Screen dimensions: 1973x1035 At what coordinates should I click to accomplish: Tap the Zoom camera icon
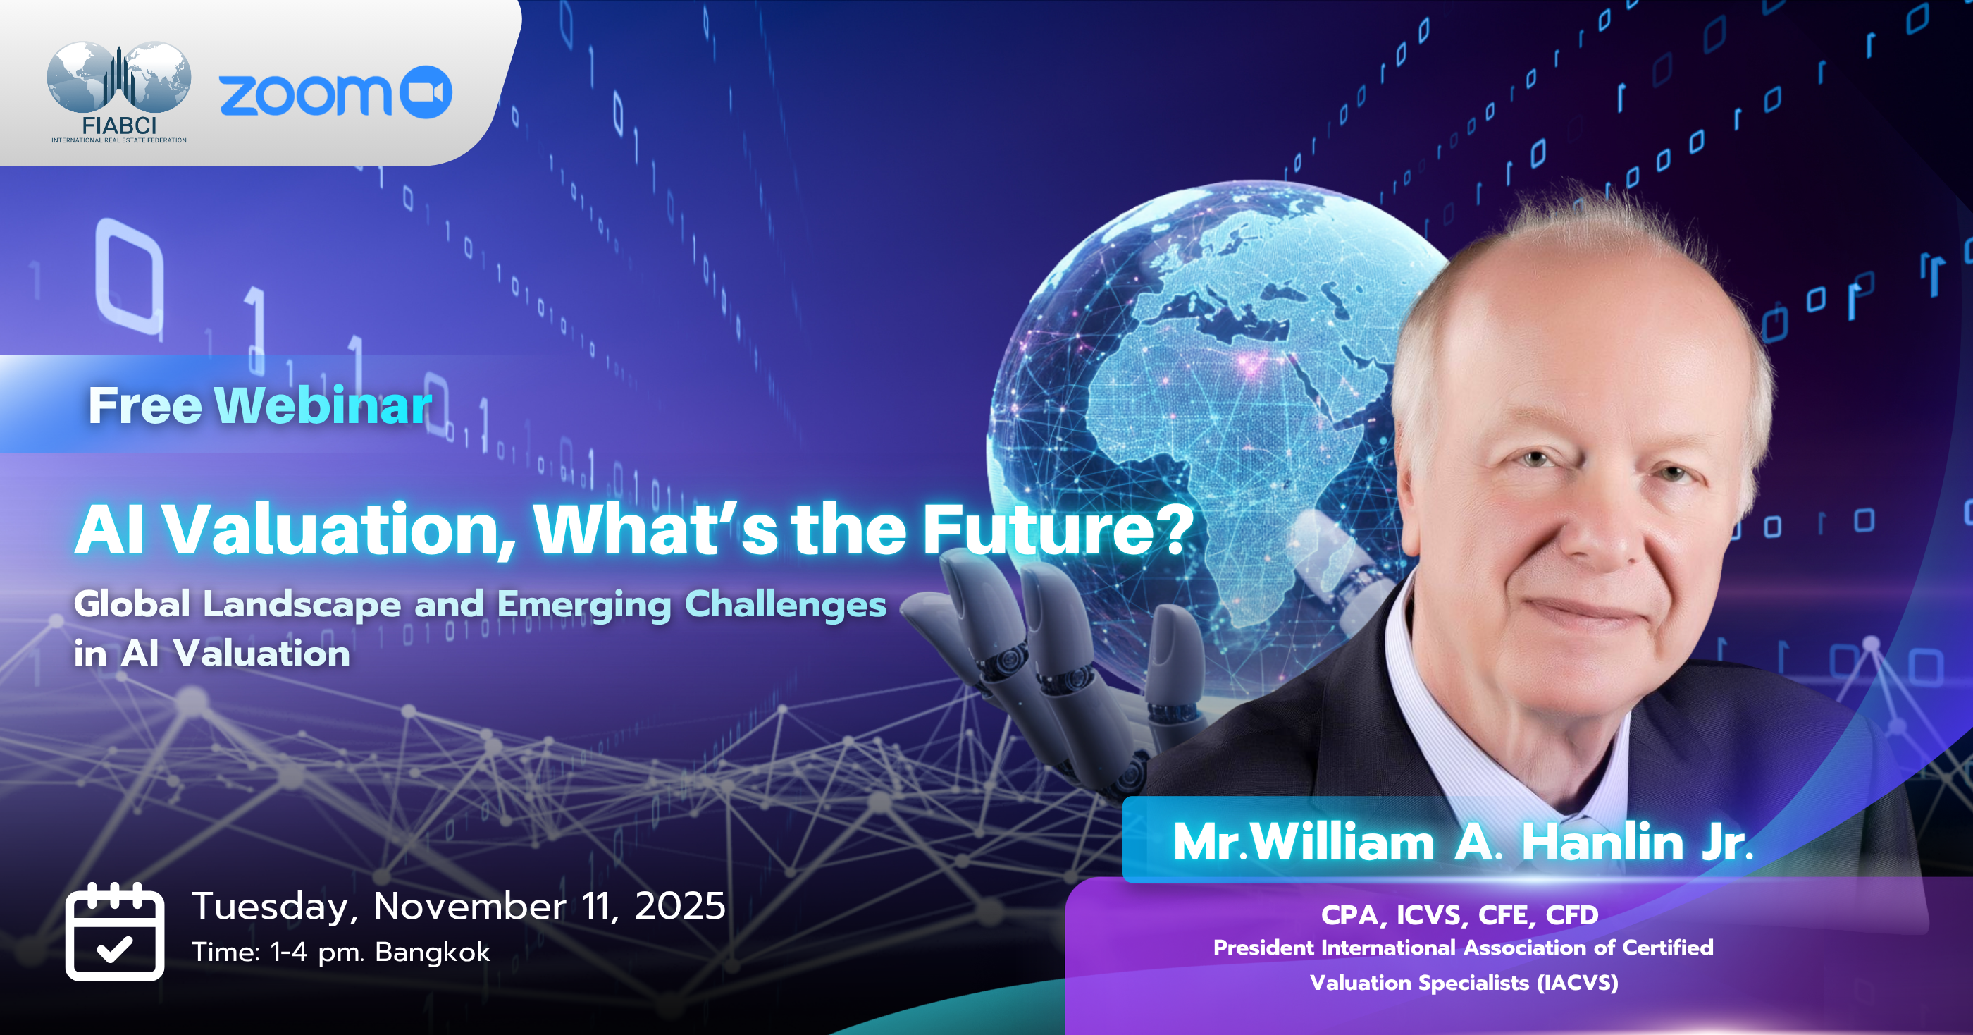coord(426,92)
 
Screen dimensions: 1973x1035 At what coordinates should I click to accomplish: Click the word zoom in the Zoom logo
coord(306,95)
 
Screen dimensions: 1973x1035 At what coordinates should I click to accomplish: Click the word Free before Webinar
coord(144,405)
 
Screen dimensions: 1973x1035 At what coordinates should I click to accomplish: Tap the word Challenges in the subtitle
coord(786,604)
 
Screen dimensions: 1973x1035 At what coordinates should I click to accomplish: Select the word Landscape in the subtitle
coord(302,604)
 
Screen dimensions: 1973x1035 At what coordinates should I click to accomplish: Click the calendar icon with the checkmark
coord(115,931)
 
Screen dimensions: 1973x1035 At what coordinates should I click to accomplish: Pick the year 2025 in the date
coord(680,906)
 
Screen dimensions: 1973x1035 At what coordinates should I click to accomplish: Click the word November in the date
coord(469,906)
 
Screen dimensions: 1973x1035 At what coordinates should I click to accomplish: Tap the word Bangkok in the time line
coord(433,953)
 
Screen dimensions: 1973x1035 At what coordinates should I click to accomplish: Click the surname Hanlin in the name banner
coord(1602,843)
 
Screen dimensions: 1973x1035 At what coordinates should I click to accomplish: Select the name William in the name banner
coord(1342,843)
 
